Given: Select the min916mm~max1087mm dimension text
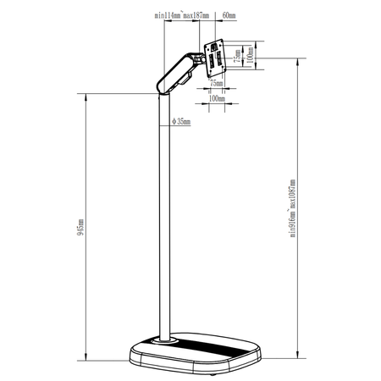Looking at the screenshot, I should [x=292, y=208].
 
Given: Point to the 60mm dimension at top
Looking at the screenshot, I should [x=228, y=15].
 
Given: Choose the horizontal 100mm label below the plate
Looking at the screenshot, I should [x=217, y=99].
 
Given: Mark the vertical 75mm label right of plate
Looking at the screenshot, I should [x=237, y=56].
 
